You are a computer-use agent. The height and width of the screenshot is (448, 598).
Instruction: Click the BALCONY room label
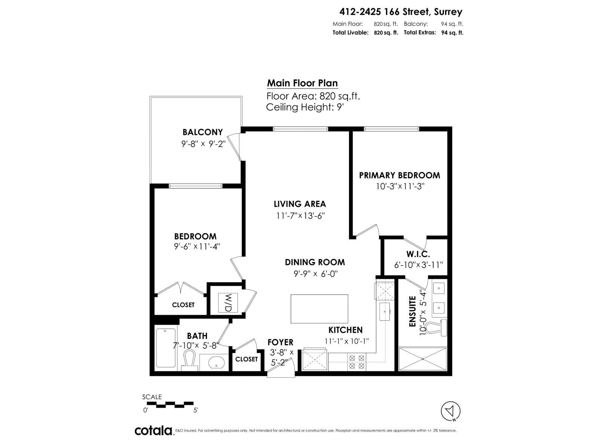[x=203, y=132]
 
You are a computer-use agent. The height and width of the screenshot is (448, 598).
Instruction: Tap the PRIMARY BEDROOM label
[x=400, y=175]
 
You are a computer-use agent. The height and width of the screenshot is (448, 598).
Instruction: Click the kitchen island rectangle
[x=319, y=309]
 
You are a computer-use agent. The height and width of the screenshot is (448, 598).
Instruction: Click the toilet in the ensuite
[x=437, y=327]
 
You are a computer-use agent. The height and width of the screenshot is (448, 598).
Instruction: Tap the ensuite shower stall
[x=423, y=359]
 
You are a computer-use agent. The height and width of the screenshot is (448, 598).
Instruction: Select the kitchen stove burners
[x=356, y=362]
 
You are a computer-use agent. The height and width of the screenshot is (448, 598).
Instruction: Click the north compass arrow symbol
[x=451, y=411]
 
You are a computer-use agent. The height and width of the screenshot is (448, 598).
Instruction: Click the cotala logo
[x=153, y=430]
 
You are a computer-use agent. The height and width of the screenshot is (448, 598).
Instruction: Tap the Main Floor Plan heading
[x=302, y=83]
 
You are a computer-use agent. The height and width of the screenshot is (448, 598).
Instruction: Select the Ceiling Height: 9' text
[x=304, y=108]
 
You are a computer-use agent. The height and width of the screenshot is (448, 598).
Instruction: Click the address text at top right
[x=401, y=12]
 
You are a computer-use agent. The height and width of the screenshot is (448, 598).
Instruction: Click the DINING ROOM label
[x=315, y=262]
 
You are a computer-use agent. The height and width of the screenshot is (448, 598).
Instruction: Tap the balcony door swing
[x=235, y=147]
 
